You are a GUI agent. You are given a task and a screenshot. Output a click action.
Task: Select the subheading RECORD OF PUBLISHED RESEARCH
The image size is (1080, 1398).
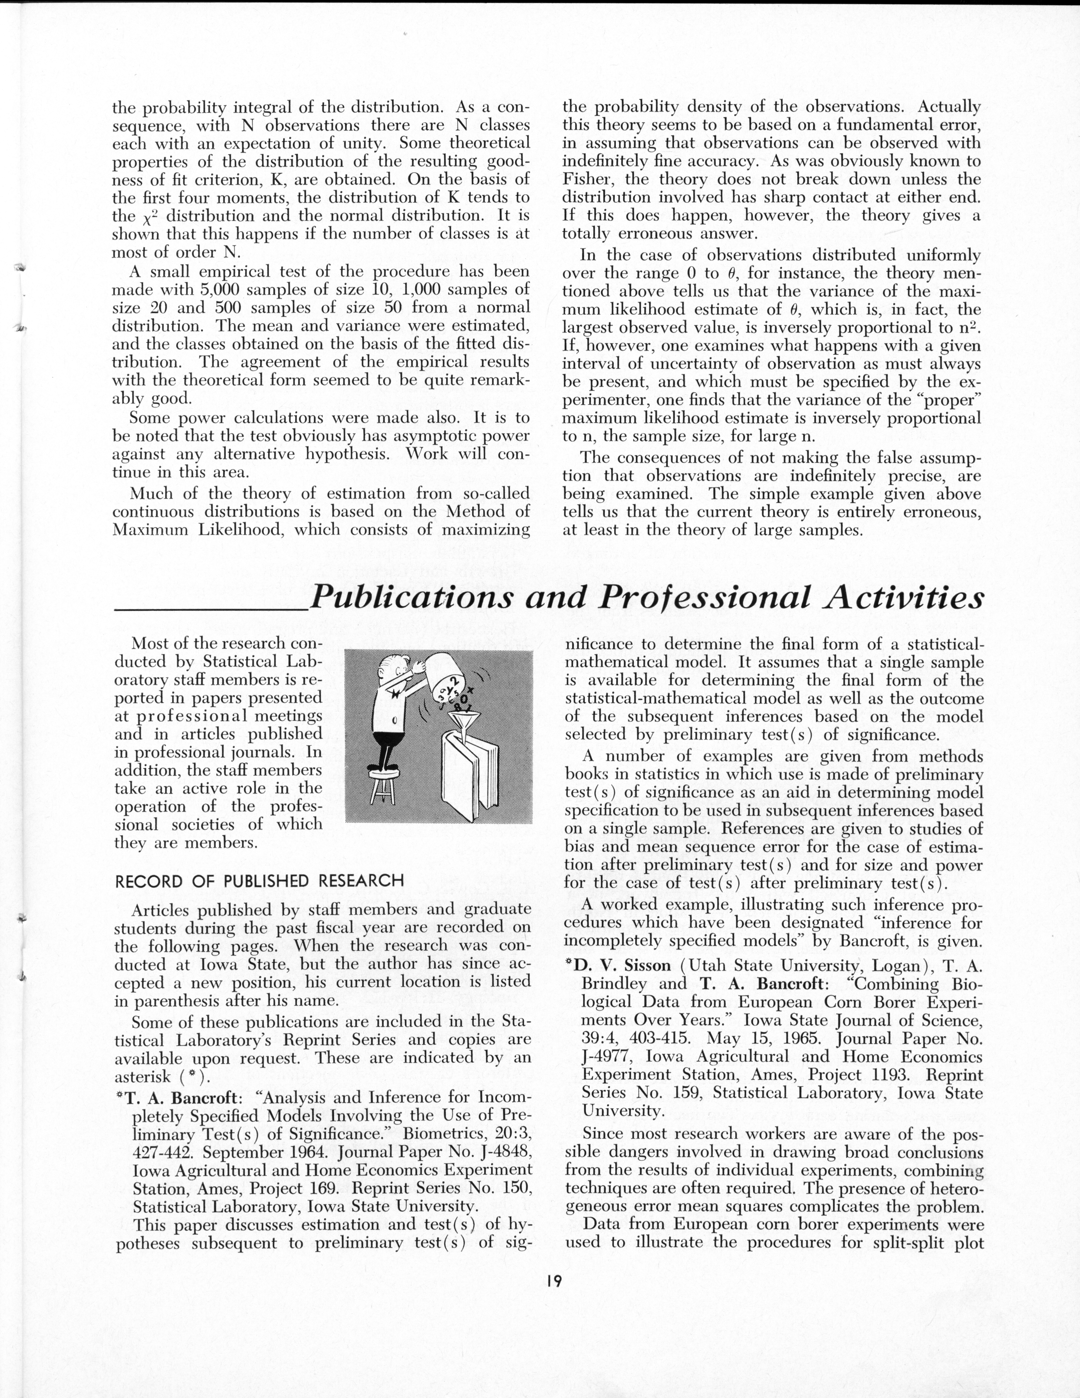[259, 881]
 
